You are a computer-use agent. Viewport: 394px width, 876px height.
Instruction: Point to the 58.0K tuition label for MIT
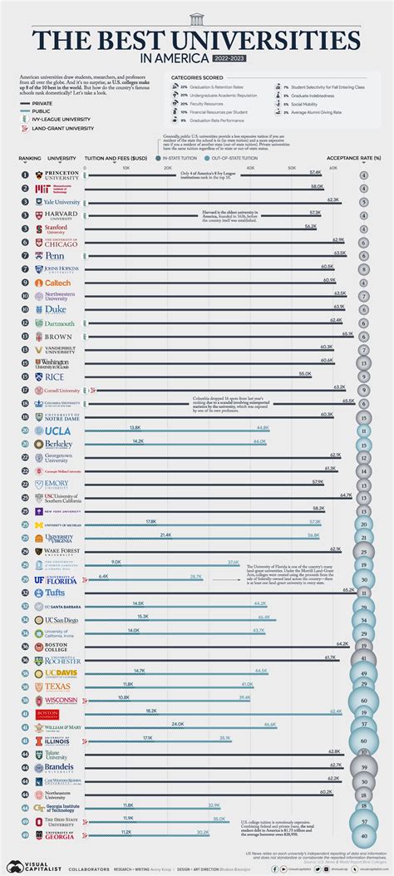[x=318, y=186]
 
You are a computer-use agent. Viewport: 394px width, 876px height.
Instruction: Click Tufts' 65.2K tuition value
[x=349, y=589]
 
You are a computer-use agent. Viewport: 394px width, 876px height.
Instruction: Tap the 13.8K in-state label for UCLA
[x=135, y=427]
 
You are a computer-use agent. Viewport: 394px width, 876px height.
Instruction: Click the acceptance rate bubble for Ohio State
[x=364, y=820]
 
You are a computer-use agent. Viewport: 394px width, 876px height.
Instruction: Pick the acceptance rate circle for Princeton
[x=364, y=175]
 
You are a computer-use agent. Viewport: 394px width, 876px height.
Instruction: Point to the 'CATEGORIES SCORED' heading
[x=197, y=77]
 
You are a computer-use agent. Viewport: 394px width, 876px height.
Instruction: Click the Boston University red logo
[x=47, y=713]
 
